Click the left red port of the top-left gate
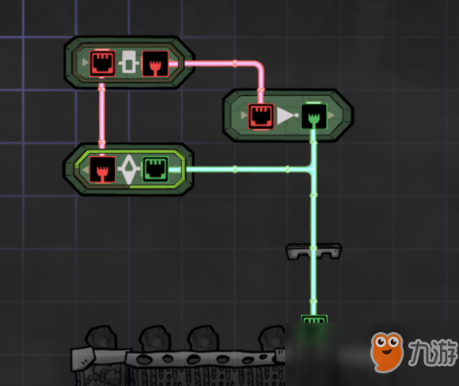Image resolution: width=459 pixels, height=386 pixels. pyautogui.click(x=102, y=63)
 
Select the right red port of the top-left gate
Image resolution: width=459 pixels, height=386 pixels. pyautogui.click(x=155, y=63)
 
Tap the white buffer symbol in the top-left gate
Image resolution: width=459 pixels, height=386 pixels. pyautogui.click(x=129, y=62)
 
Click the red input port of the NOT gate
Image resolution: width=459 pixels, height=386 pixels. pyautogui.click(x=261, y=116)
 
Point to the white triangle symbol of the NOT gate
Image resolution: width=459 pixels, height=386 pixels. pyautogui.click(x=287, y=116)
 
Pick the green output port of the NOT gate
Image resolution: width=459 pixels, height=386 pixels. pyautogui.click(x=314, y=116)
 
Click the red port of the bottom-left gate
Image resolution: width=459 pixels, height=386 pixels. pyautogui.click(x=102, y=170)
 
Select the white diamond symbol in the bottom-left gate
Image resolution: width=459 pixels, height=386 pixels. pyautogui.click(x=129, y=170)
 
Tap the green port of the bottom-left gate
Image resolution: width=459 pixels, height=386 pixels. pyautogui.click(x=155, y=170)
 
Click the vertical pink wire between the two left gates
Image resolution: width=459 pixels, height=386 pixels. pyautogui.click(x=102, y=117)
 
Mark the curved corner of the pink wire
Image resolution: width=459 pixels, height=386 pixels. pyautogui.click(x=259, y=67)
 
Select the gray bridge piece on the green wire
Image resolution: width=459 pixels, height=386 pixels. pyautogui.click(x=314, y=251)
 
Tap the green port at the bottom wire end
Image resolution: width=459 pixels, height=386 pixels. pyautogui.click(x=314, y=319)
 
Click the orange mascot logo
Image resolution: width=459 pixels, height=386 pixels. pyautogui.click(x=386, y=351)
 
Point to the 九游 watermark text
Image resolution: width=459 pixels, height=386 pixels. pyautogui.click(x=433, y=352)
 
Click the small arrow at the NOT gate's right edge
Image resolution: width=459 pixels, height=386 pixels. pyautogui.click(x=331, y=115)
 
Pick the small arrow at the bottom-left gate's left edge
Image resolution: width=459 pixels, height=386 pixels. pyautogui.click(x=85, y=170)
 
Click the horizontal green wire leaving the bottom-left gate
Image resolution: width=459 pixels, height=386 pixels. pyautogui.click(x=240, y=170)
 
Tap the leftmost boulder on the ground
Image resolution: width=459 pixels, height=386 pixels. pyautogui.click(x=101, y=337)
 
